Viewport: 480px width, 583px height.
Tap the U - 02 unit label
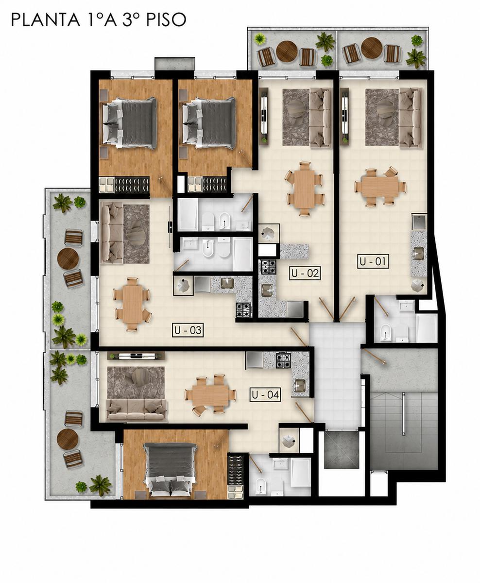click(305, 273)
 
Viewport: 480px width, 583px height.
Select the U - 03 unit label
click(188, 330)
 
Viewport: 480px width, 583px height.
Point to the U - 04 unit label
click(265, 394)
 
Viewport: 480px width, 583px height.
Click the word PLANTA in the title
click(45, 20)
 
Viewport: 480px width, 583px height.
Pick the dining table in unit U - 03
click(133, 304)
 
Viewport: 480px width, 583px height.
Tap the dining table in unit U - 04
click(210, 395)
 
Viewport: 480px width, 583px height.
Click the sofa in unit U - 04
click(137, 410)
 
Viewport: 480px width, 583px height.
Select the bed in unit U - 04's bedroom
click(171, 467)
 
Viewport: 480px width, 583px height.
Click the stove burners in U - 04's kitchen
click(283, 361)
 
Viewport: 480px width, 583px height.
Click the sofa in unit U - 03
click(112, 233)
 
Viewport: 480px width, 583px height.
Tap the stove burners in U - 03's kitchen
click(243, 310)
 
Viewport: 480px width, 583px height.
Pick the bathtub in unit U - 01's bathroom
click(427, 328)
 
